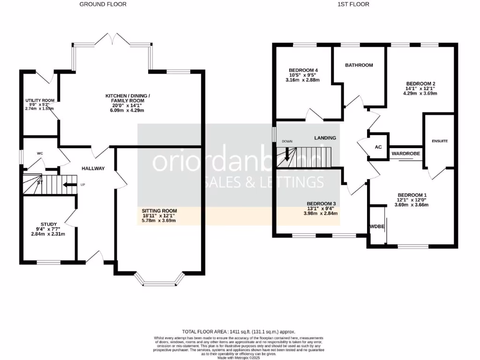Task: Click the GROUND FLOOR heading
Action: (103, 4)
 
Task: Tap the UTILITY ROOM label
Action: (40, 100)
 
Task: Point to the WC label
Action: (40, 153)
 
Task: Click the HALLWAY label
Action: (93, 169)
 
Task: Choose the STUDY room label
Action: (48, 224)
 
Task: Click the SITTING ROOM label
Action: (159, 211)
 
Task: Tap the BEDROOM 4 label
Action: (302, 70)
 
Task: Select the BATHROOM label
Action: (359, 65)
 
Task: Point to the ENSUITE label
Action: (440, 141)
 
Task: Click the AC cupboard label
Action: (378, 147)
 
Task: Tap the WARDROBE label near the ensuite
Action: (406, 153)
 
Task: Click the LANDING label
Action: (325, 138)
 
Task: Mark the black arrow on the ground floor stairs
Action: (69, 185)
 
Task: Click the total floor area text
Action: (239, 331)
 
